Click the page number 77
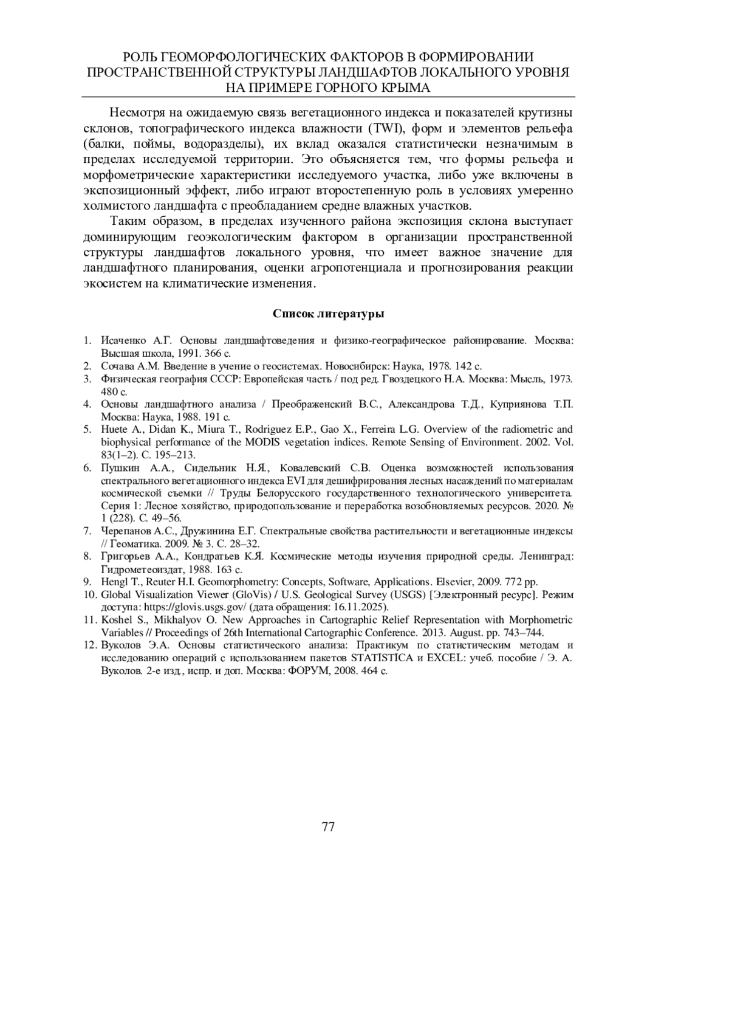[328, 827]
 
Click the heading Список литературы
[328, 314]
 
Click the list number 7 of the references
[87, 531]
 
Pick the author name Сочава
[118, 366]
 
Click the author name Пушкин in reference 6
[118, 467]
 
